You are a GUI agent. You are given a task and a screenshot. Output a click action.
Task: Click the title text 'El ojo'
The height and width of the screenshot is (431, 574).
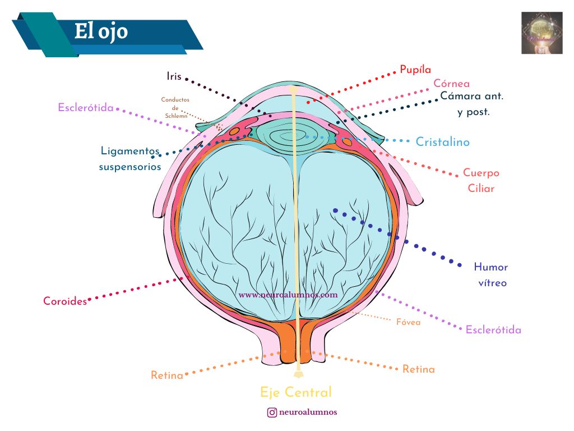[101, 32]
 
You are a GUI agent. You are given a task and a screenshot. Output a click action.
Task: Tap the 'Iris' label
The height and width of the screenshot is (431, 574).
[174, 76]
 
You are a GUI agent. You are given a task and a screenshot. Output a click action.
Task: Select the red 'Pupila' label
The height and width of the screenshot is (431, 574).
[415, 70]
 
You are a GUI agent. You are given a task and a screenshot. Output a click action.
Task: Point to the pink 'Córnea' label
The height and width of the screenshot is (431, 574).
[451, 84]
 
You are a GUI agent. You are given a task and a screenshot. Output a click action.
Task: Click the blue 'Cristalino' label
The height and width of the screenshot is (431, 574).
[442, 142]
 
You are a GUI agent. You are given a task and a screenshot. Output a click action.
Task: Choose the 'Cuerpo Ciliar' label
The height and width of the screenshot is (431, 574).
[481, 181]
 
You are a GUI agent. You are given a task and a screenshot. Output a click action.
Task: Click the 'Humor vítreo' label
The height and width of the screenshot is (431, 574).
[491, 274]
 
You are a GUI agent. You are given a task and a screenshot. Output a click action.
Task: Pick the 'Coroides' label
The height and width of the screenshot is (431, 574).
[65, 301]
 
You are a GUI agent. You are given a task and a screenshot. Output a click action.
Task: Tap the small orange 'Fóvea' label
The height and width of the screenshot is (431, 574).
[408, 323]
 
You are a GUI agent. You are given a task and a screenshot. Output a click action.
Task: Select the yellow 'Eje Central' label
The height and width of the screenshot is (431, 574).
[296, 392]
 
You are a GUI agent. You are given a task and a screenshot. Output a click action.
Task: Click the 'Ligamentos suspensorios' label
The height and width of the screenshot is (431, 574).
[130, 158]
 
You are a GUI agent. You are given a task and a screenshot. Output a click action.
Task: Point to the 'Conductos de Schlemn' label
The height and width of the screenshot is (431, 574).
[175, 108]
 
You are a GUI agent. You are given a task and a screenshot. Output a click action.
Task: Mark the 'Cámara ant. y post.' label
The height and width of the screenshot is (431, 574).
[472, 103]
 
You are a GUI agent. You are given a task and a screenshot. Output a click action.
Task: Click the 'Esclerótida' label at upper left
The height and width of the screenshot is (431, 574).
[86, 107]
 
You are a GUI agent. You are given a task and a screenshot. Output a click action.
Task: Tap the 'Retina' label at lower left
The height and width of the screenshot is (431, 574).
[166, 375]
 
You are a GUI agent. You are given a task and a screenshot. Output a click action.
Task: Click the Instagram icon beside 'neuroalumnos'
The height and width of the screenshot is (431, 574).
[272, 412]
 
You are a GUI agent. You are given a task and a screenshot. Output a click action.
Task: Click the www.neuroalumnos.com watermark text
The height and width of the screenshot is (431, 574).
[288, 294]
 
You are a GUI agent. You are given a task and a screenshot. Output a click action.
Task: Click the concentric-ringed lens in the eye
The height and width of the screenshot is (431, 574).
[285, 135]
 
